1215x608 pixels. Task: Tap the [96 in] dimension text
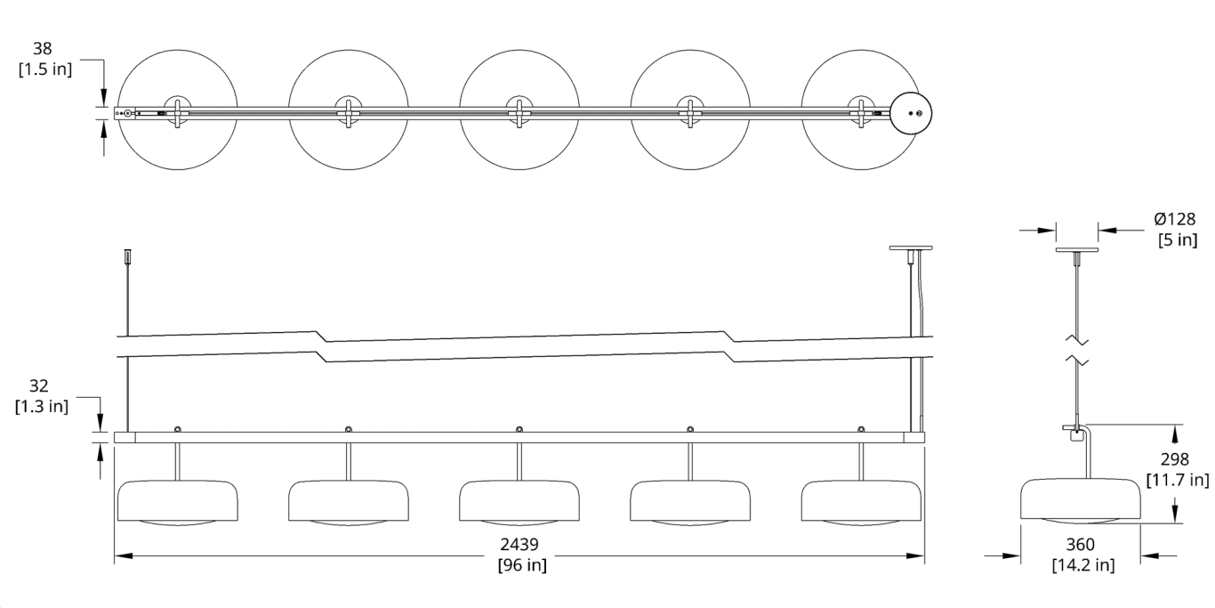tap(521, 564)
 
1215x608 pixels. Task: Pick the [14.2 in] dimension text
tap(1082, 564)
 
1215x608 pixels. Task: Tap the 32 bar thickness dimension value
tap(38, 386)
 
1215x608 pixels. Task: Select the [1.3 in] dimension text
tap(42, 407)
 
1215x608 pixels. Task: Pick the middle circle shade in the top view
tap(519, 110)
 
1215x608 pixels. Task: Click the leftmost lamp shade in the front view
tap(178, 502)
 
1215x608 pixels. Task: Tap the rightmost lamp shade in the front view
tap(861, 502)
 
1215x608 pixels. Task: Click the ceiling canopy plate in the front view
tap(910, 248)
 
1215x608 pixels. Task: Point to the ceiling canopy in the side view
tap(1076, 248)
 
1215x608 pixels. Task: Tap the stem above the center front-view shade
tap(519, 462)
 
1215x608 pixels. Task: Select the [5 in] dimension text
tap(1176, 239)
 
